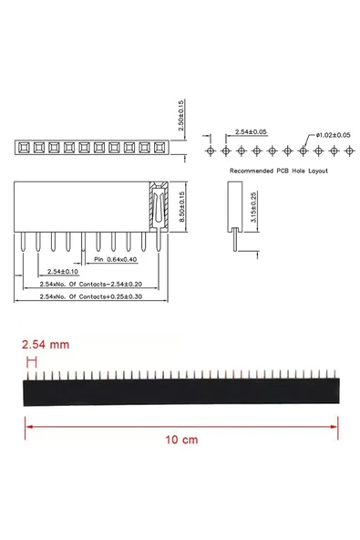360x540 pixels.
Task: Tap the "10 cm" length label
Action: [x=181, y=439]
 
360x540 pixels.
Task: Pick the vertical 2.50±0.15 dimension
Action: [x=180, y=115]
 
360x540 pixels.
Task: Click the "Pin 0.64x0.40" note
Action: [x=120, y=260]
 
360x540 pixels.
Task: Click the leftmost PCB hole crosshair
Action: [x=211, y=149]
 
